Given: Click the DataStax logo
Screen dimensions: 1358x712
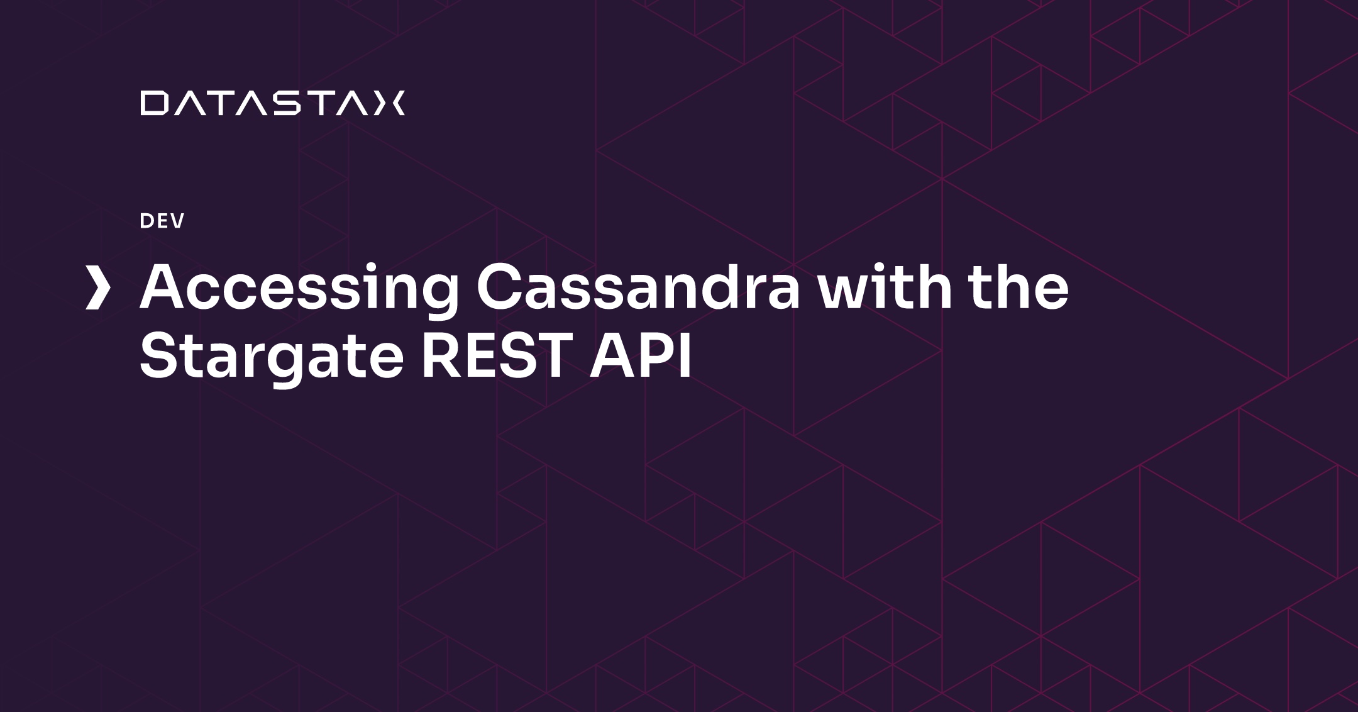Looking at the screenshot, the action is [273, 104].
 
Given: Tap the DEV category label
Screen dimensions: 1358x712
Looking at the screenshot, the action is [162, 221].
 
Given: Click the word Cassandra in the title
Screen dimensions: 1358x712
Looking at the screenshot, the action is [638, 289].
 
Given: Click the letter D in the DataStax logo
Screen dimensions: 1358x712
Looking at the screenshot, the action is [153, 104].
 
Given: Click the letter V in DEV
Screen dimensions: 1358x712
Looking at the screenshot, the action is [177, 221].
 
